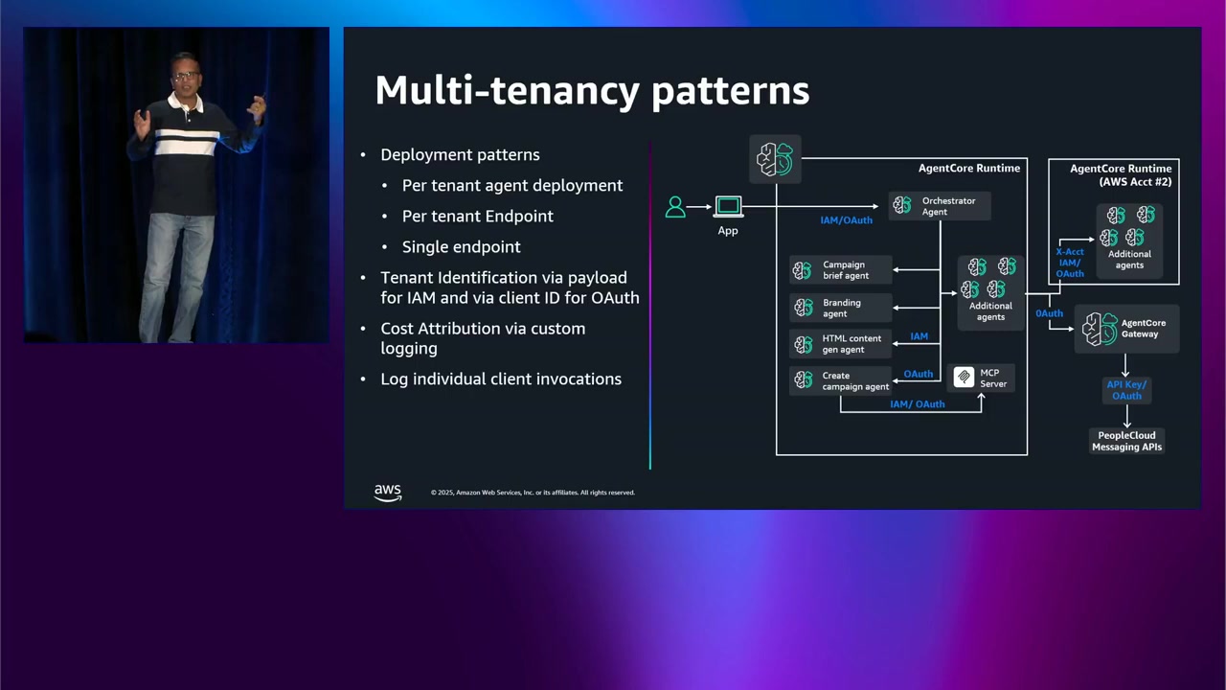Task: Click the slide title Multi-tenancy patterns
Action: tap(592, 90)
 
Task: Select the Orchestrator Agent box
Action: tap(939, 206)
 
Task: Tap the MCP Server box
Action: tap(981, 378)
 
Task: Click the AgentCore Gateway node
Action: tap(1125, 329)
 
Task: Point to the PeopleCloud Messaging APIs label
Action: tap(1126, 441)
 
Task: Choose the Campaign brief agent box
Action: tap(841, 270)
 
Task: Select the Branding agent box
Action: tap(841, 308)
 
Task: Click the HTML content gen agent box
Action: tap(841, 344)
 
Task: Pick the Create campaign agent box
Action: tap(841, 380)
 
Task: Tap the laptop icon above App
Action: tap(728, 206)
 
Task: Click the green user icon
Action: tap(675, 207)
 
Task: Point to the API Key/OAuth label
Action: tap(1126, 390)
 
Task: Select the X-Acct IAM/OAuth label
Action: tap(1070, 263)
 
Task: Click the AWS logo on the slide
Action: tap(388, 492)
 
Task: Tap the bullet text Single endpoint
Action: tap(461, 246)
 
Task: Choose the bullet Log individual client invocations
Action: tap(501, 379)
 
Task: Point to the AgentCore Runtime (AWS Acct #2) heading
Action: tap(1120, 174)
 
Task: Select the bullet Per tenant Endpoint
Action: tap(477, 216)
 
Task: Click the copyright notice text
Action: tap(533, 493)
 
